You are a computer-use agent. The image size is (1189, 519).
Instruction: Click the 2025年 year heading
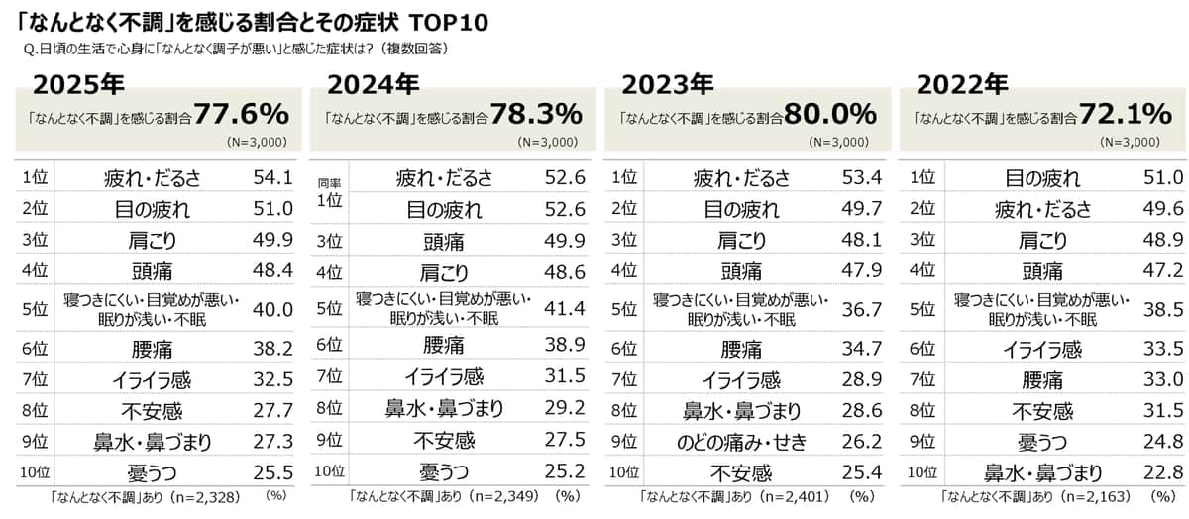78,84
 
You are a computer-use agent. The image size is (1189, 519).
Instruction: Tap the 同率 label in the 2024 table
329,184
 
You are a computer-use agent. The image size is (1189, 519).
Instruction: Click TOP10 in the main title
449,22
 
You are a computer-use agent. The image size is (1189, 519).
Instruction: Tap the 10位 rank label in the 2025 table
37,470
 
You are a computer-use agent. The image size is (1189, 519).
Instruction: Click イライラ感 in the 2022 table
1041,349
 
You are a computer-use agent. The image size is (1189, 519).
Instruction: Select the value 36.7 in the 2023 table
860,309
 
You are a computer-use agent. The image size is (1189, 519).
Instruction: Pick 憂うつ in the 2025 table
153,471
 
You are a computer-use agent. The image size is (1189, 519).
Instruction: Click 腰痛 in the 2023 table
742,349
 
